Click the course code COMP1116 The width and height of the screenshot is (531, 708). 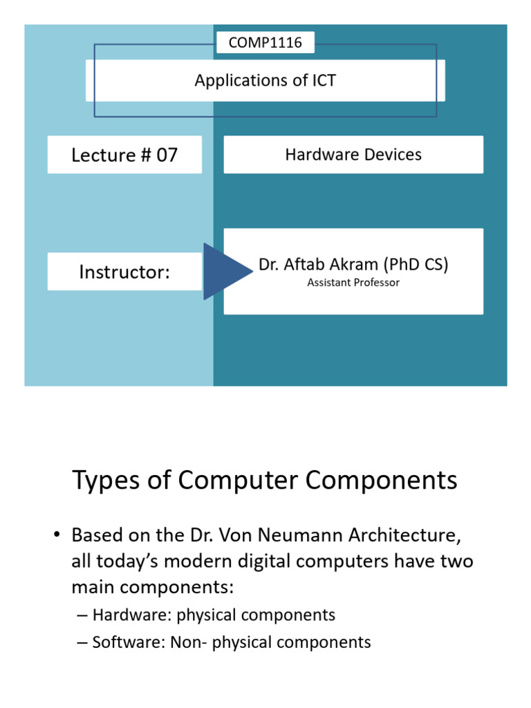[265, 43]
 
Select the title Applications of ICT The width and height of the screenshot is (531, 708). [265, 80]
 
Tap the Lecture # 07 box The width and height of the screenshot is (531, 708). [124, 154]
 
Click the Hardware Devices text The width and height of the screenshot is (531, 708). [353, 154]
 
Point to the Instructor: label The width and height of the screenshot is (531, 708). [124, 272]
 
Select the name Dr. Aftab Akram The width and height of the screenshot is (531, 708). [319, 264]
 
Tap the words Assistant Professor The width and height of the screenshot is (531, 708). [353, 283]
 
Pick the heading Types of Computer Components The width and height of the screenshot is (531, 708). [265, 480]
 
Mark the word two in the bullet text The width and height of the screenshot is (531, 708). [457, 561]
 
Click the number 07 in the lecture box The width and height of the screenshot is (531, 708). [166, 155]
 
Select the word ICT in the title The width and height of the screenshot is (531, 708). [322, 80]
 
